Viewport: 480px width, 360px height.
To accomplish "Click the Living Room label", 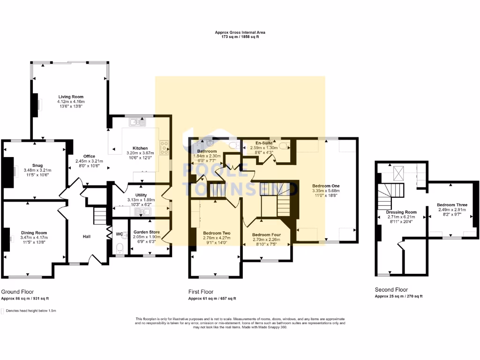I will tap(71, 96).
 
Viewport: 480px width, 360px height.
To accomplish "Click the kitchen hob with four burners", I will tap(165, 148).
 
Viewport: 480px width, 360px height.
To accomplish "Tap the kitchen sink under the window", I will tap(138, 122).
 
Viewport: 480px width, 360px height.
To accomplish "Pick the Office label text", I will tap(89, 156).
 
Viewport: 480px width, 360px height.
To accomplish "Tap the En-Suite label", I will tap(264, 142).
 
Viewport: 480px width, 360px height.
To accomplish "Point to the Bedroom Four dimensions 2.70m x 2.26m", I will tap(266, 240).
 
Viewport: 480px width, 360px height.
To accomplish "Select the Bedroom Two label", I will tap(216, 232).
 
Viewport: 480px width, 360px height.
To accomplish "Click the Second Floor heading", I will tap(391, 290).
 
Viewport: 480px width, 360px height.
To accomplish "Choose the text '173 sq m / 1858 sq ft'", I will tap(240, 36).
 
